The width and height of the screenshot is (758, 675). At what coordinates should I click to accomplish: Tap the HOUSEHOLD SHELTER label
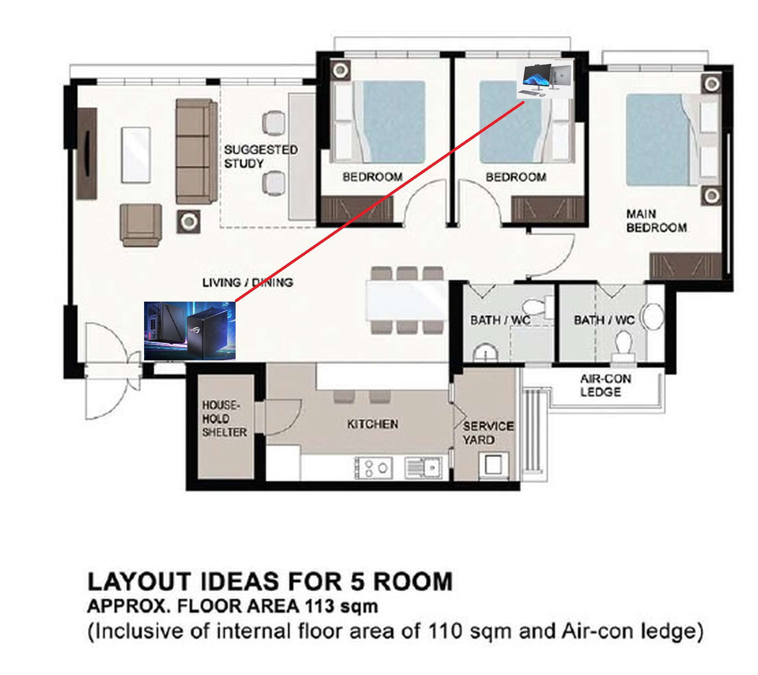tap(224, 418)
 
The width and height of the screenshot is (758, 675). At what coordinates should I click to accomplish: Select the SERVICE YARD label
tap(488, 433)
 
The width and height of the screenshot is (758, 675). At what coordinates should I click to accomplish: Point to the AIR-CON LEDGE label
tap(606, 385)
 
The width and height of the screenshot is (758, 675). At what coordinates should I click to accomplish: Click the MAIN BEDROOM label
tap(656, 221)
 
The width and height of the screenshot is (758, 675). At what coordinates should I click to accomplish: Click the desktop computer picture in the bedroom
tap(545, 79)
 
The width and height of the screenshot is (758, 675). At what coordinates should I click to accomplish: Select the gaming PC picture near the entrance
tap(189, 331)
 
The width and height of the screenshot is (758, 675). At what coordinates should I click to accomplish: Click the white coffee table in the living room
tap(136, 155)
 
